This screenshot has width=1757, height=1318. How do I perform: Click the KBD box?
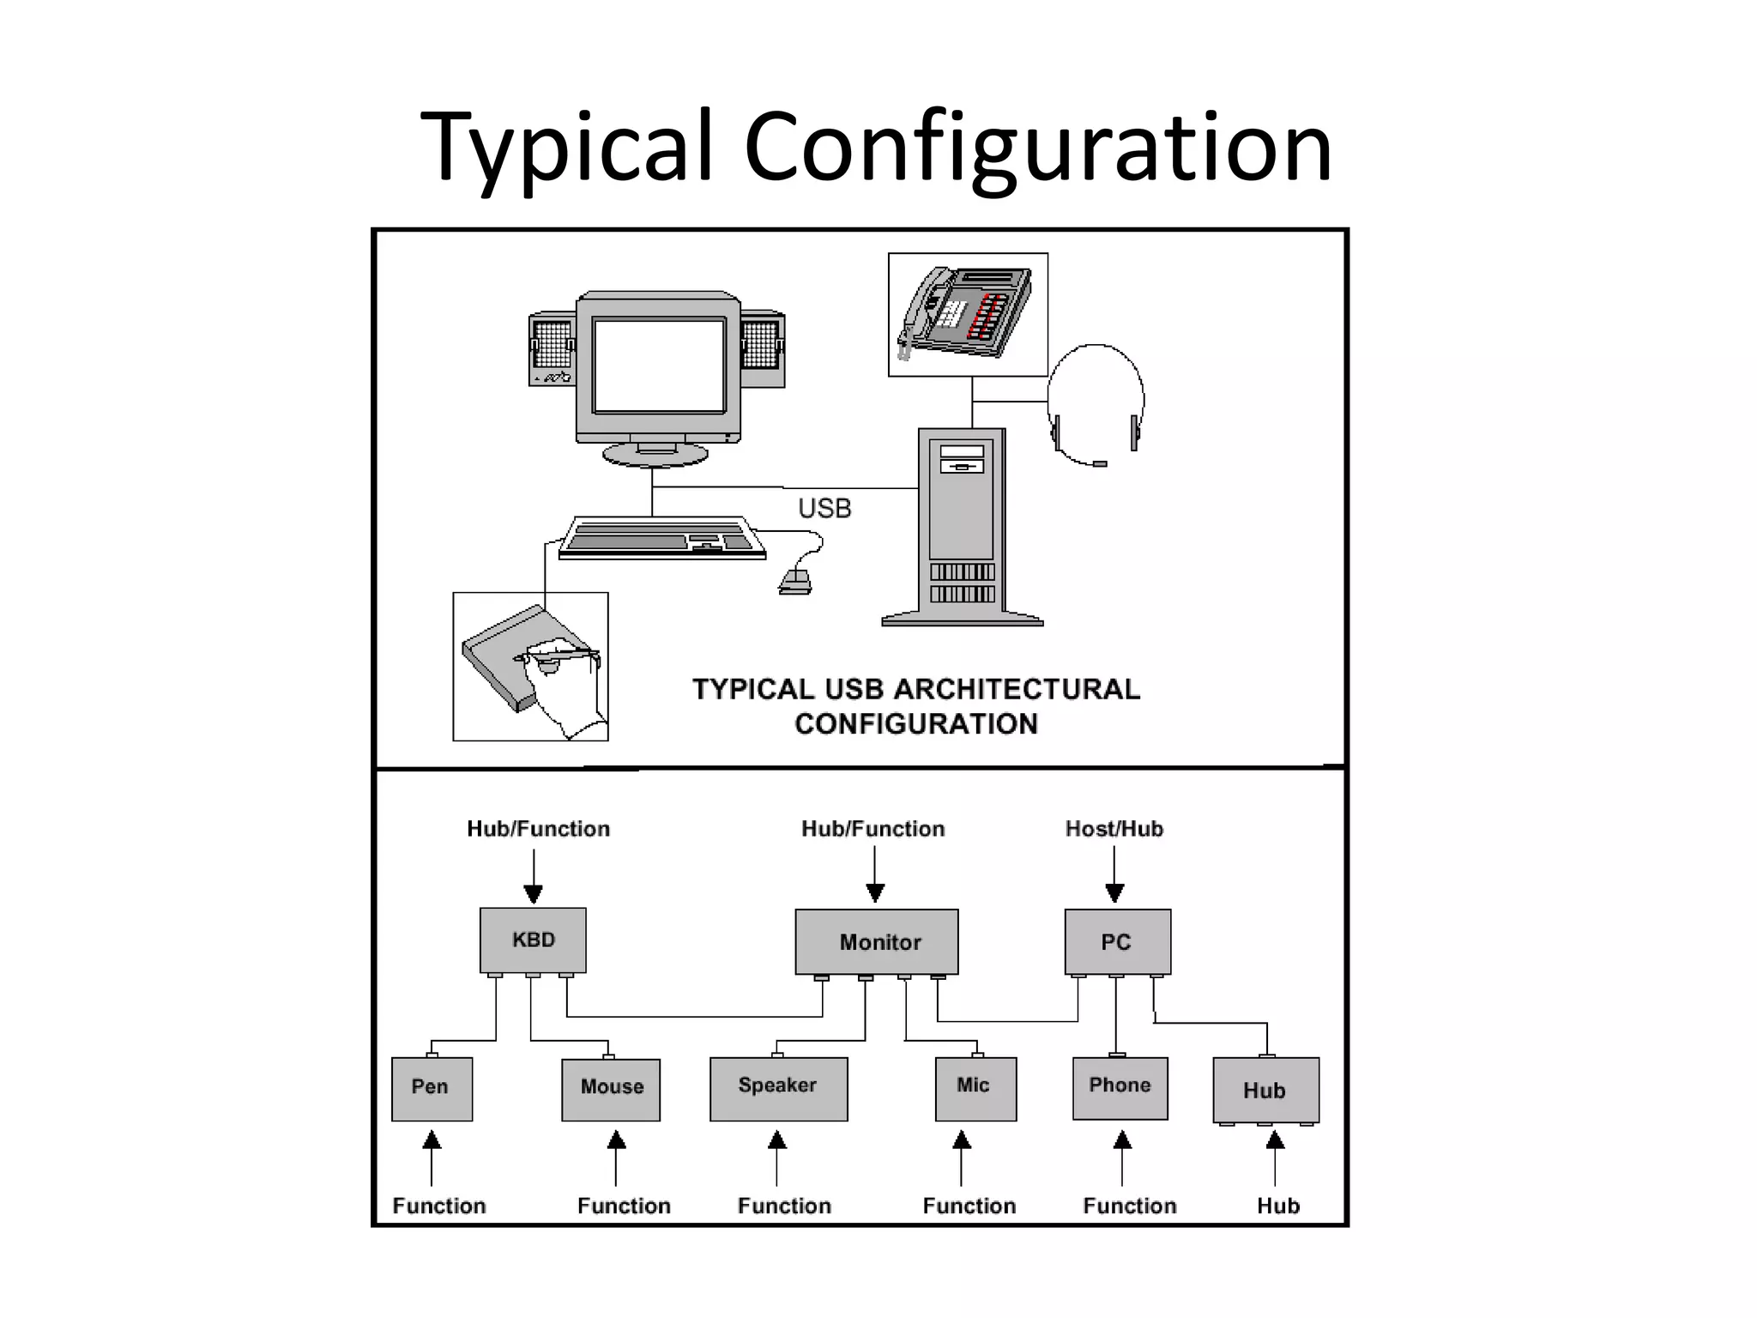[x=533, y=940]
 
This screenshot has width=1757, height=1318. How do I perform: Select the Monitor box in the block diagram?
[x=876, y=941]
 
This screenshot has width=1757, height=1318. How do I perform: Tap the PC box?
[x=1117, y=941]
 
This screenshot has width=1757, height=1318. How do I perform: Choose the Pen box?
[x=432, y=1088]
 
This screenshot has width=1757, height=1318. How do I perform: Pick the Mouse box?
[x=611, y=1089]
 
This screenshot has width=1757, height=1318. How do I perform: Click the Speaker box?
[x=778, y=1088]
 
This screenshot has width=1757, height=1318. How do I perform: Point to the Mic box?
[x=975, y=1088]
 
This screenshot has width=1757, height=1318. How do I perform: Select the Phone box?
[x=1120, y=1087]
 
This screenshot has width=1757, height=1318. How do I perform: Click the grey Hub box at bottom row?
[x=1265, y=1090]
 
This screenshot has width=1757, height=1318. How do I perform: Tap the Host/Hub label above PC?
[x=1114, y=829]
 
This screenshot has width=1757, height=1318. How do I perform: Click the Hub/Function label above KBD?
[x=538, y=829]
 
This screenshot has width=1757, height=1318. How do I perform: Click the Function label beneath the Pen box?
[x=438, y=1206]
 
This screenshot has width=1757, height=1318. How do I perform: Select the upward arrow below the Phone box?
[x=1122, y=1158]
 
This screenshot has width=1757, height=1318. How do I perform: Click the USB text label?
[x=824, y=509]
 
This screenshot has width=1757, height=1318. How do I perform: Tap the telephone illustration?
[x=966, y=313]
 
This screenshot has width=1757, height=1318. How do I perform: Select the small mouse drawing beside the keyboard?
[x=795, y=583]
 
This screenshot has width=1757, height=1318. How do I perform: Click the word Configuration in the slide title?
[x=1037, y=146]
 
